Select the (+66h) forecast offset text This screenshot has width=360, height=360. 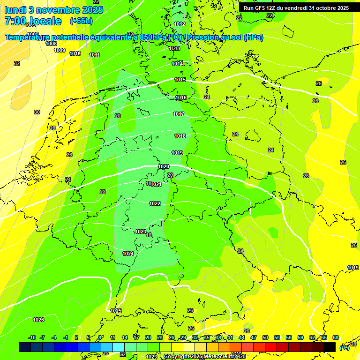tap(81, 21)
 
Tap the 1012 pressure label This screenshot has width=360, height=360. tap(180, 24)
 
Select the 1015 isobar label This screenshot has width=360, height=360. tap(180, 80)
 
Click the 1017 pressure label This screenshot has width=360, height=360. tap(179, 114)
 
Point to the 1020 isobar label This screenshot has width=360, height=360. tap(164, 167)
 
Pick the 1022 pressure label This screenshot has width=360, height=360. tap(155, 203)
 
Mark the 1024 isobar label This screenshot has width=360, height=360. tap(128, 254)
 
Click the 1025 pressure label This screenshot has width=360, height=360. tap(116, 311)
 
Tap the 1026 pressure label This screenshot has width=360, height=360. tap(38, 320)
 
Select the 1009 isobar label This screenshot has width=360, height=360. tap(60, 50)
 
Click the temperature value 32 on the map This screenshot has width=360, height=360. tap(17, 63)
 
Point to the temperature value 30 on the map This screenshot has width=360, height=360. tap(37, 112)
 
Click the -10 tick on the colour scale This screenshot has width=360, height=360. tap(32, 337)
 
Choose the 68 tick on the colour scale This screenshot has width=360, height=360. tap(336, 337)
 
